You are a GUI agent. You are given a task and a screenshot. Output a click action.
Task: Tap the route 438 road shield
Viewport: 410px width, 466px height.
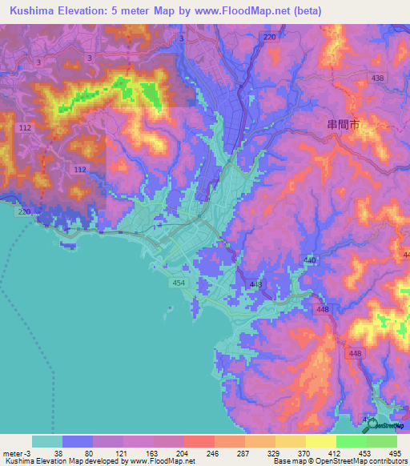click(356, 78)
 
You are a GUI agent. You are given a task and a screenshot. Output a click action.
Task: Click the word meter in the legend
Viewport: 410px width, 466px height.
click(12, 452)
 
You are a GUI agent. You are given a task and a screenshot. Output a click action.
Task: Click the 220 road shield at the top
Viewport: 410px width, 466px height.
click(269, 37)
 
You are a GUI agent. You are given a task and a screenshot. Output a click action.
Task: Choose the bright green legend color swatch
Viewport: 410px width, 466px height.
click(352, 441)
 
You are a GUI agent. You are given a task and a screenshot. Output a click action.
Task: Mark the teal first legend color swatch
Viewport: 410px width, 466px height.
click(47, 441)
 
